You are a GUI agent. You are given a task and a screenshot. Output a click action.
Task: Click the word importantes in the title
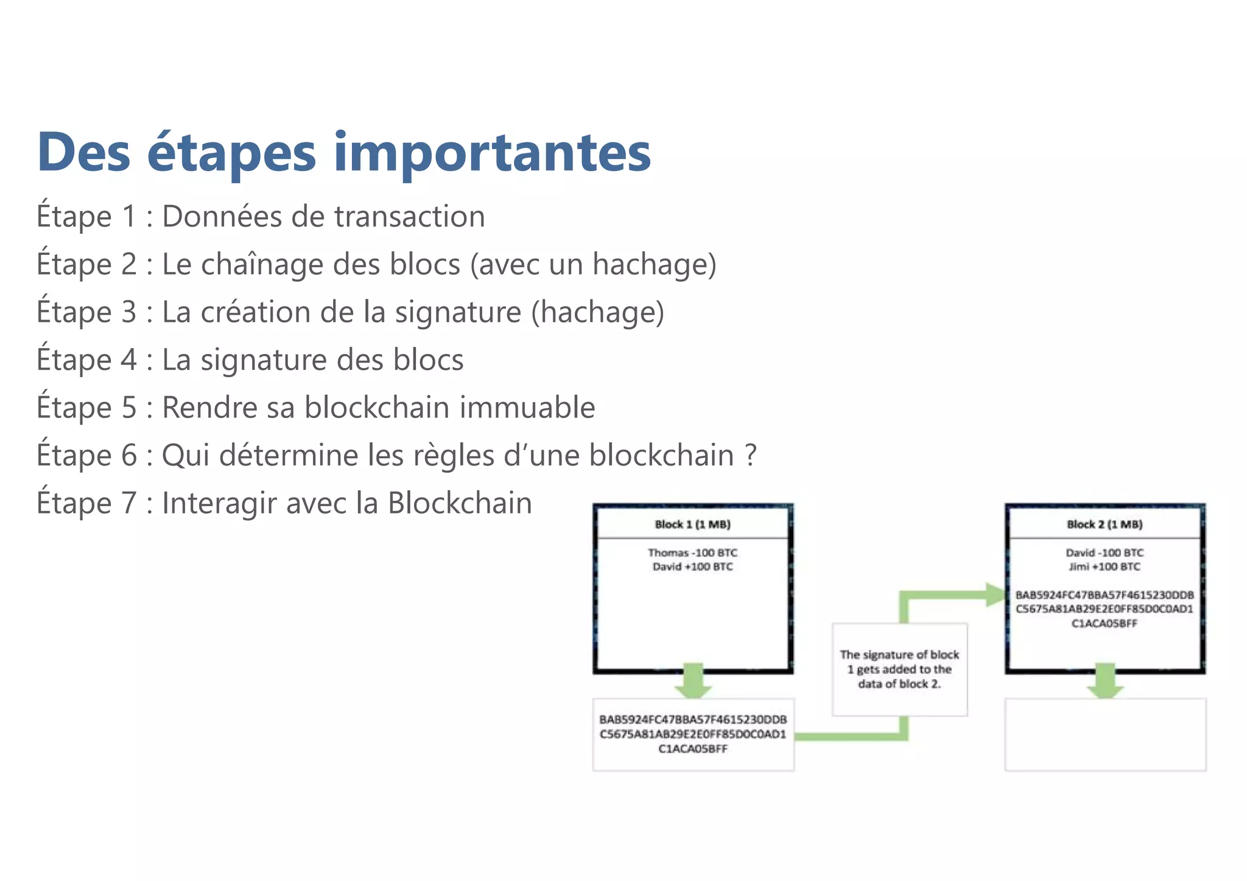click(x=492, y=152)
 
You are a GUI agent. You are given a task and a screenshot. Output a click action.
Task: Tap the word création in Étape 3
click(x=256, y=312)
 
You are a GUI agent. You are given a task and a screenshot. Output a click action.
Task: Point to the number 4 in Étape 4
click(x=128, y=360)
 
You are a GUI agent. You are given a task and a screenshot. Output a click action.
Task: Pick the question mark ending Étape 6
click(x=751, y=455)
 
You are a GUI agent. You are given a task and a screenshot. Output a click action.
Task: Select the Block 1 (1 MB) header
click(x=692, y=524)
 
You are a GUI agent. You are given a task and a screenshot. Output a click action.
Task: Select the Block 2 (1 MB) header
click(x=1105, y=524)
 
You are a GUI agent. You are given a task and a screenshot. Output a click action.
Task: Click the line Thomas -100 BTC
click(x=692, y=552)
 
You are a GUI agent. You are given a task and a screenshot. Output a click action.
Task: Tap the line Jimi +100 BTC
click(x=1105, y=566)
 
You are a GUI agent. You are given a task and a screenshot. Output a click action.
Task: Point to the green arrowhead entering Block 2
click(x=995, y=594)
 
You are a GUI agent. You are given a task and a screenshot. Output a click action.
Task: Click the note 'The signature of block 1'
click(x=899, y=669)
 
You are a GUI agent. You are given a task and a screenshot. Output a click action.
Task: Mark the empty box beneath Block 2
click(x=1105, y=735)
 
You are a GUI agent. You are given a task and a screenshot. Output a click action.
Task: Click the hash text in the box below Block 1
click(x=693, y=734)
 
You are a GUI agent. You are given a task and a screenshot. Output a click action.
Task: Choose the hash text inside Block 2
click(x=1105, y=608)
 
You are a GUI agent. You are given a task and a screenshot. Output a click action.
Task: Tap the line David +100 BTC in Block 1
click(x=692, y=566)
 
